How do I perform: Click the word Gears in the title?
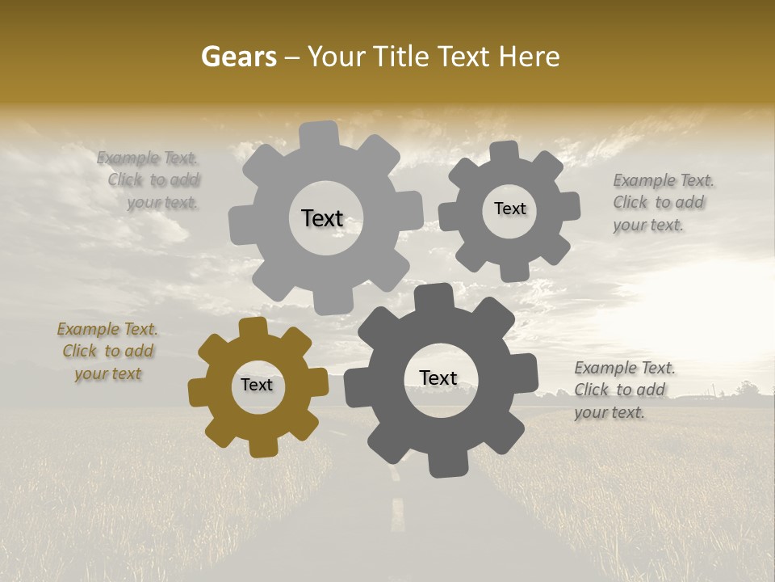tap(238, 57)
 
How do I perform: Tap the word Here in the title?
tap(530, 57)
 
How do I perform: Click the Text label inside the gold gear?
tap(257, 385)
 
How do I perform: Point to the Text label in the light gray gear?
tap(322, 218)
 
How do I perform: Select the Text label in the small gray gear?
tap(510, 209)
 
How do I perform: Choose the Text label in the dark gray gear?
tap(438, 377)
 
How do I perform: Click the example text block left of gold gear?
tap(107, 352)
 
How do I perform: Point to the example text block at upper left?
tap(151, 180)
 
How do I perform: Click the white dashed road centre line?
tap(397, 510)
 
